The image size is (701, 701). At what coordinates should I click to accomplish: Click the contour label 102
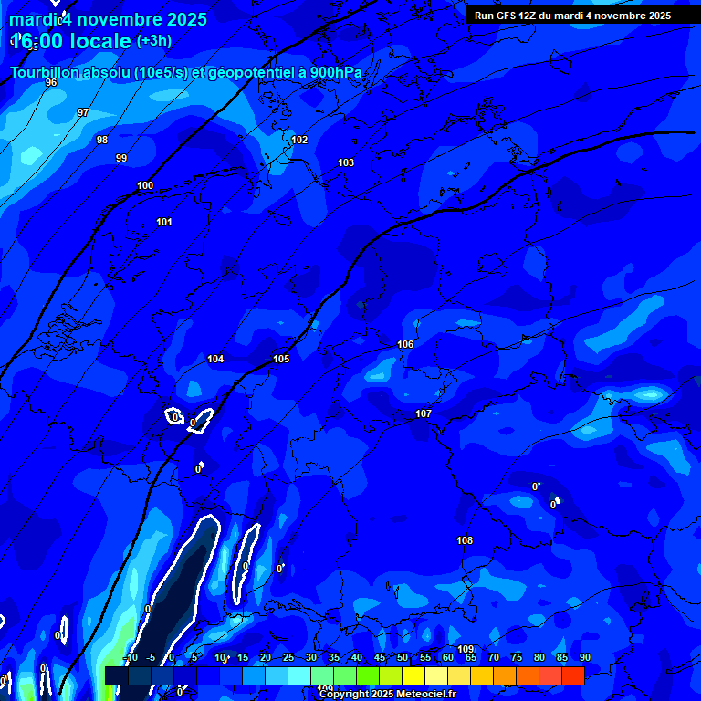(x=299, y=140)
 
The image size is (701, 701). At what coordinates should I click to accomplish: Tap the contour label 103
(x=346, y=162)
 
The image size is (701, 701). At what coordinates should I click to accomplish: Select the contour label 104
(x=215, y=359)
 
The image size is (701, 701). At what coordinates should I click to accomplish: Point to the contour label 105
(x=281, y=359)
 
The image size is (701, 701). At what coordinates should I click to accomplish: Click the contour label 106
(x=405, y=344)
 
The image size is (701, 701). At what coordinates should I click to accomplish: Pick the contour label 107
(x=424, y=413)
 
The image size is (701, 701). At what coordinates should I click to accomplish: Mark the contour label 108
(x=465, y=540)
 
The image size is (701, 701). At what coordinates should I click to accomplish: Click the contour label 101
(x=164, y=222)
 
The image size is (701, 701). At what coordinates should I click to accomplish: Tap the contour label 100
(x=145, y=185)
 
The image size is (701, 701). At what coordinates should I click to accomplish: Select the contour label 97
(x=83, y=112)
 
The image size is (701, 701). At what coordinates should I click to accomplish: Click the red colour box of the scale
(x=572, y=675)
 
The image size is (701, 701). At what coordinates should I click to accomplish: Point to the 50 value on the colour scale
(x=403, y=658)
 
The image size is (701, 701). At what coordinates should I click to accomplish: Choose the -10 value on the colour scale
(x=131, y=658)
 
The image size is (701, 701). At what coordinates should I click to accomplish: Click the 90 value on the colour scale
(x=584, y=658)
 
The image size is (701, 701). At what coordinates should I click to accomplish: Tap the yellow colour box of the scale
(x=413, y=675)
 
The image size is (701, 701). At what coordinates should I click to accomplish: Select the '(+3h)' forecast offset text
(x=153, y=41)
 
